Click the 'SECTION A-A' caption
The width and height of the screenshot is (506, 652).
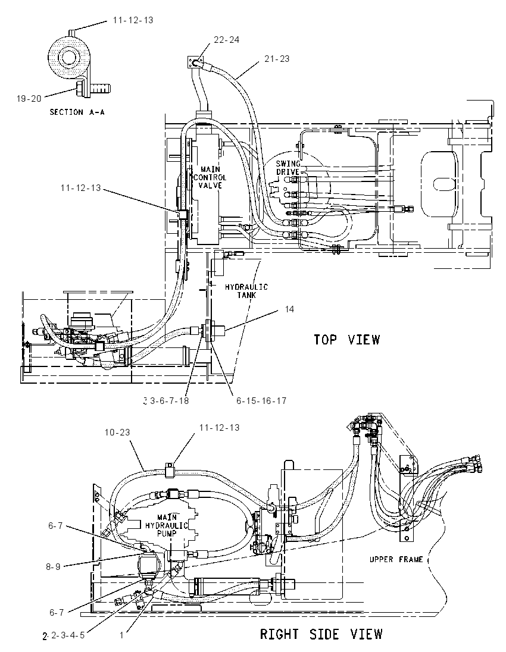[x=77, y=112]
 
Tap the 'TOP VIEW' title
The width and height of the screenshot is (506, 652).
[x=346, y=339]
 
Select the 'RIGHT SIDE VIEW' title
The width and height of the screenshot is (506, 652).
[x=321, y=634]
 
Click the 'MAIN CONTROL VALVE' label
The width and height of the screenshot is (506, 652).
[x=210, y=177]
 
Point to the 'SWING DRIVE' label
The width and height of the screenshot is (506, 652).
[x=288, y=168]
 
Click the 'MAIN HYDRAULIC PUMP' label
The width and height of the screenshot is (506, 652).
[x=167, y=525]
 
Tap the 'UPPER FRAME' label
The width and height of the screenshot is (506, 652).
[x=396, y=559]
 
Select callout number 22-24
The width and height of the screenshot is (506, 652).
[x=226, y=40]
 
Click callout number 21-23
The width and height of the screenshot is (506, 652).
[x=277, y=59]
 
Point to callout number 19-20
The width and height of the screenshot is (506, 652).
[x=29, y=99]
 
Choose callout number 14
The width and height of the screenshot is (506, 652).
[x=289, y=309]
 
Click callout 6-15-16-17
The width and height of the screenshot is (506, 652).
[x=261, y=401]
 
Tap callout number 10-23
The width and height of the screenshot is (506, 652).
[x=117, y=432]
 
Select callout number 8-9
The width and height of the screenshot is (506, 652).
[x=53, y=567]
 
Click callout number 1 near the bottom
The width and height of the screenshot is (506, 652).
[x=121, y=635]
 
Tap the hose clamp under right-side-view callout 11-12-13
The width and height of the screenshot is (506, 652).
[x=170, y=471]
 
